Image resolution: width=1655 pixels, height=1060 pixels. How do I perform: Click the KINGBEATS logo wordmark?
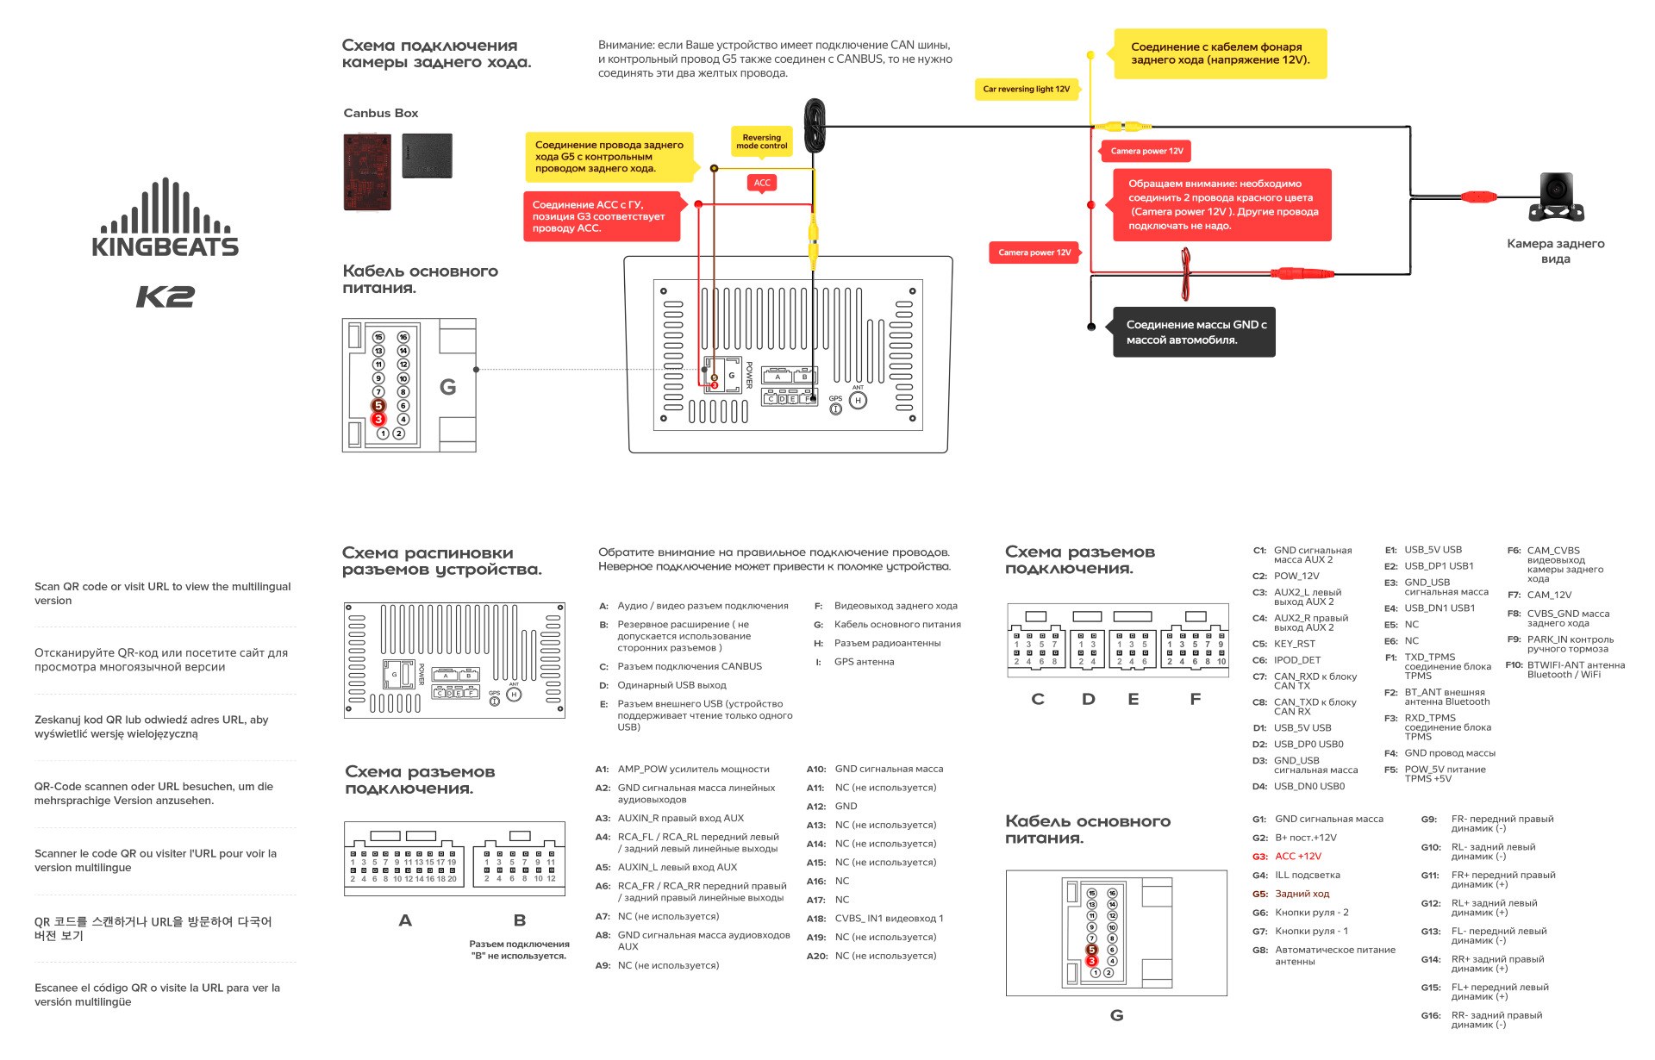[165, 246]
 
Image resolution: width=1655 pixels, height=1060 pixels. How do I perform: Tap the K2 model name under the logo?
[165, 296]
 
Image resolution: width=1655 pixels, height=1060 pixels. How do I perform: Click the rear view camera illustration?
[1556, 196]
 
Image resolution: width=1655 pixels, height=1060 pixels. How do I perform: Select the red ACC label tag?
[762, 183]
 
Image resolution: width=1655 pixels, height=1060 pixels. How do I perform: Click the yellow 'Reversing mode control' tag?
[761, 141]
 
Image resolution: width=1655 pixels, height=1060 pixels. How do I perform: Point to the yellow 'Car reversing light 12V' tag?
[1026, 89]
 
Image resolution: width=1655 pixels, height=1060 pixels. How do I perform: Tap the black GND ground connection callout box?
[1193, 332]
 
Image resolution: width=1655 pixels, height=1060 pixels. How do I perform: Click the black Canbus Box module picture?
[427, 156]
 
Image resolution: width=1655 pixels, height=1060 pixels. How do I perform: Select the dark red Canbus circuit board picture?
[366, 171]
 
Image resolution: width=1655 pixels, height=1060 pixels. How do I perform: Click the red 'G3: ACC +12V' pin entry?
[1287, 857]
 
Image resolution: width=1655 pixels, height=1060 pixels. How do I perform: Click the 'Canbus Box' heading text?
[380, 113]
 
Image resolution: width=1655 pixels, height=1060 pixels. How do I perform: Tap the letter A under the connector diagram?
[405, 920]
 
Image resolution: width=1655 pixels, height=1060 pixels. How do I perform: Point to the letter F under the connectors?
[1195, 699]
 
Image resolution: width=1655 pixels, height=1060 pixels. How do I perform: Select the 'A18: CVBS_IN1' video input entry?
[876, 919]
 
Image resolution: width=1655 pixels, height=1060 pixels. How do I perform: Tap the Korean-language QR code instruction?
[153, 928]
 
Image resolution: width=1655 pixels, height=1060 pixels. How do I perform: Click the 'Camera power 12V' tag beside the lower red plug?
[1034, 253]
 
